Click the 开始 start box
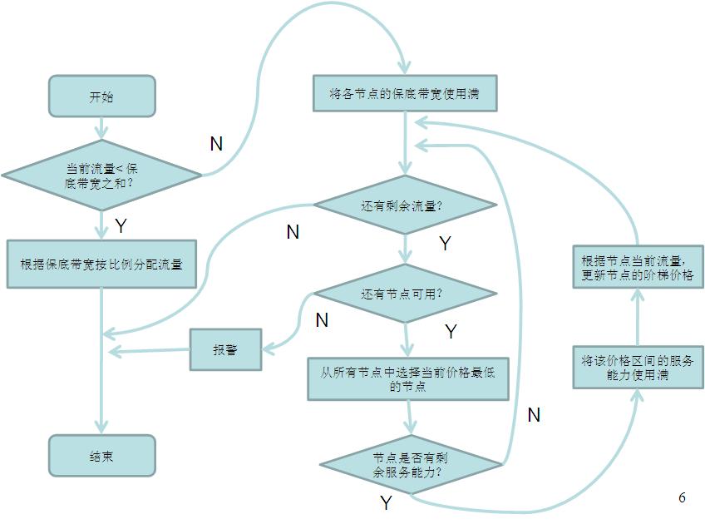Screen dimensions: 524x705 point(101,96)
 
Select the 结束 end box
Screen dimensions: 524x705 point(101,455)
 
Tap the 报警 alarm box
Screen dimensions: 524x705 point(225,349)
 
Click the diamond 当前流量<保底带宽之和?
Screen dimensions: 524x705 point(101,175)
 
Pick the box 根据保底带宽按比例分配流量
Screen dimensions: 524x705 point(101,264)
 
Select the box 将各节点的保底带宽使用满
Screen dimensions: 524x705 point(406,93)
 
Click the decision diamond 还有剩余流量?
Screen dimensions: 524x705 point(405,205)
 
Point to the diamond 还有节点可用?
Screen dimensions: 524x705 point(405,294)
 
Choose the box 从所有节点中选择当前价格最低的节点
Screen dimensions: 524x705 point(407,379)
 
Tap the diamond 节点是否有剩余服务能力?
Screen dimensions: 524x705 point(412,463)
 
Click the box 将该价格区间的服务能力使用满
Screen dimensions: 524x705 point(638,368)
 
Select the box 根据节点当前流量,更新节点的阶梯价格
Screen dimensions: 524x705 point(638,267)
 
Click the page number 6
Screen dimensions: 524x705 point(682,497)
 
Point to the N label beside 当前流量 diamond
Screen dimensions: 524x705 point(216,144)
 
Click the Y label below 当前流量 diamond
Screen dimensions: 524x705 point(121,225)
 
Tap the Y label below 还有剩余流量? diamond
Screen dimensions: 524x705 point(445,244)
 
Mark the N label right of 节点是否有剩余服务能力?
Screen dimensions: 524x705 point(534,414)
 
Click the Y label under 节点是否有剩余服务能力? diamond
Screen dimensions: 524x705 point(386,502)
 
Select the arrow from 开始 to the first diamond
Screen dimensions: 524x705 point(101,128)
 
